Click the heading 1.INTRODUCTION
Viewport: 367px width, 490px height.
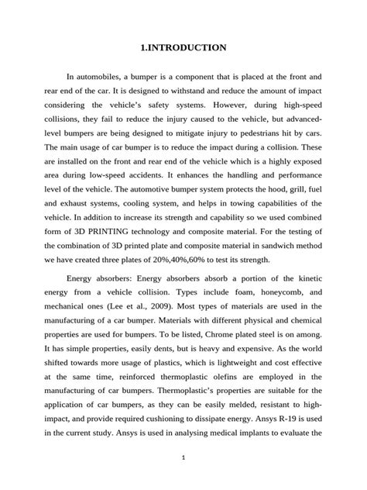click(183, 48)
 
